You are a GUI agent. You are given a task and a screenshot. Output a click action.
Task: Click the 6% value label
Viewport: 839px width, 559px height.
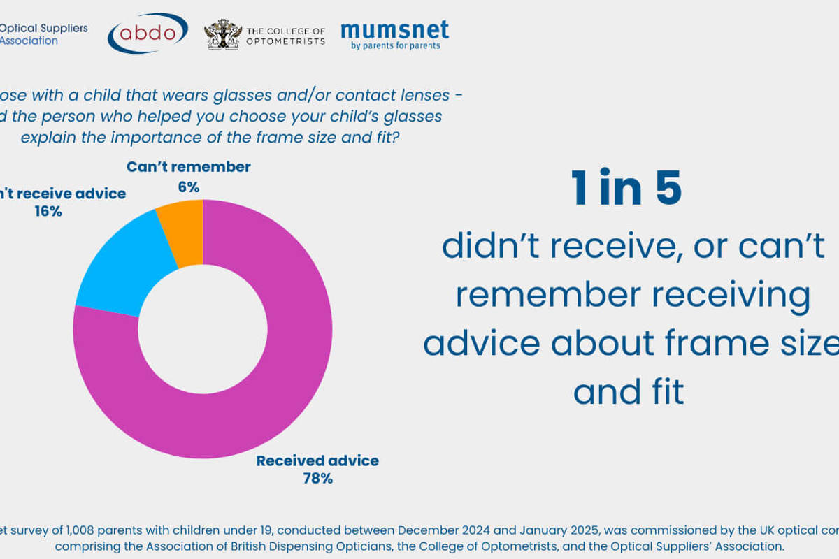point(188,187)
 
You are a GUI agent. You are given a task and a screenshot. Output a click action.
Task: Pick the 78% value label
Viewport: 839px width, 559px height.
point(317,479)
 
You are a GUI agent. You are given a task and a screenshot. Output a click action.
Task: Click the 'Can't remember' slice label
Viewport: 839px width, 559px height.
point(188,167)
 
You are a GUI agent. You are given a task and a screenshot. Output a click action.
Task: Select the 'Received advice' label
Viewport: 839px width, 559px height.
point(317,461)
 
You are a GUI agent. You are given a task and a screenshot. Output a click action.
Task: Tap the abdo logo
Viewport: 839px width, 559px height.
point(148,33)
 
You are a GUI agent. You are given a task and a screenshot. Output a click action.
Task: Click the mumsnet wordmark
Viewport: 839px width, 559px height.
point(394,29)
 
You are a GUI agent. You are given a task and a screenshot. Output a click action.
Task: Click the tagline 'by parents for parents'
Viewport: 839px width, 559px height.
point(396,46)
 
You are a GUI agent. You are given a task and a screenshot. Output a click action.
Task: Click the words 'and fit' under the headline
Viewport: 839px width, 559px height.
point(629,392)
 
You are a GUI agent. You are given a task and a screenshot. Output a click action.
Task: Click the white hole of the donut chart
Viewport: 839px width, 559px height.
point(203,329)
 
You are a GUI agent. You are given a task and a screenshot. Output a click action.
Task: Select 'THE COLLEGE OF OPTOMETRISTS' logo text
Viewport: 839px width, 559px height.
point(285,36)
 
